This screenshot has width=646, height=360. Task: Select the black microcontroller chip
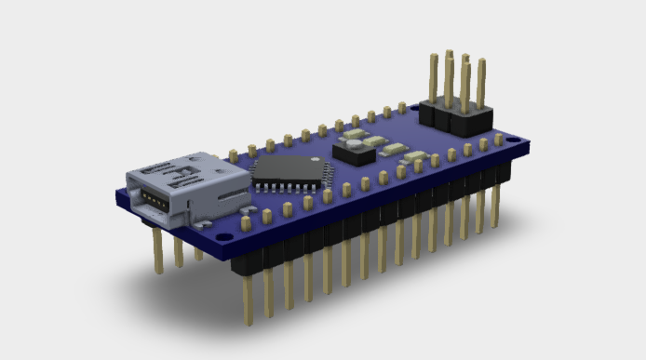click(x=289, y=168)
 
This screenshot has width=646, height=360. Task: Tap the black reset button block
click(x=355, y=150)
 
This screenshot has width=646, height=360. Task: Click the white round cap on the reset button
click(x=354, y=143)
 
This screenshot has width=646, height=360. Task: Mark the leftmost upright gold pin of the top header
click(x=434, y=78)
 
